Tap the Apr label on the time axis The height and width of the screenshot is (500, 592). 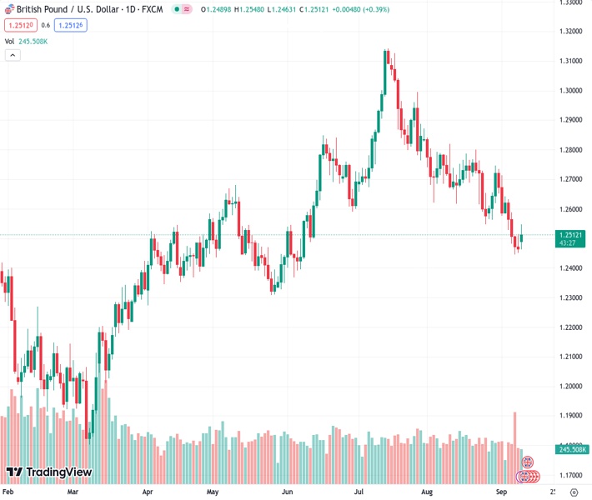point(148,492)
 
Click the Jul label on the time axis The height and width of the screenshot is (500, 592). point(359,492)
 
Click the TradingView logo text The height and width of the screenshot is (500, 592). point(58,472)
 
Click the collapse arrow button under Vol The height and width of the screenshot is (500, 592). point(13,55)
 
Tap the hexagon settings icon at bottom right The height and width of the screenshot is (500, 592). point(574,492)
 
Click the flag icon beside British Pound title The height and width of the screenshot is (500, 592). point(8,9)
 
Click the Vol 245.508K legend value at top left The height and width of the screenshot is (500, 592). point(32,41)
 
